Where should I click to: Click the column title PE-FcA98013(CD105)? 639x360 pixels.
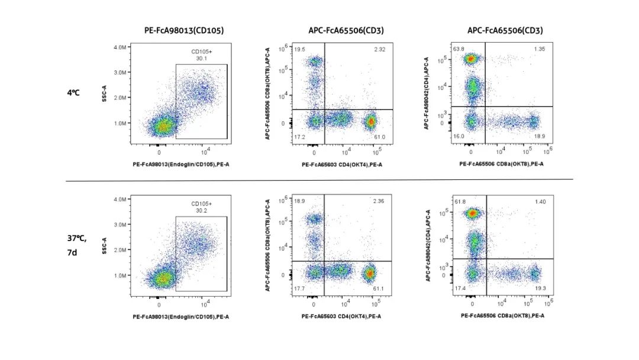184,30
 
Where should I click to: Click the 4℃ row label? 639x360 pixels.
73,93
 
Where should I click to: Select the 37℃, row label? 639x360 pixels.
77,239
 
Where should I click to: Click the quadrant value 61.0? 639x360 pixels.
379,137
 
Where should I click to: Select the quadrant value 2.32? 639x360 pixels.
379,50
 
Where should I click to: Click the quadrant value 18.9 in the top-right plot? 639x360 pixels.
540,136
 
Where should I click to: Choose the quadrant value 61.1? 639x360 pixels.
379,288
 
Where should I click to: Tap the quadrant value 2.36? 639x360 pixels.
379,202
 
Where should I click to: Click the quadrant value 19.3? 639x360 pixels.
541,288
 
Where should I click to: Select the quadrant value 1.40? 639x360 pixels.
540,202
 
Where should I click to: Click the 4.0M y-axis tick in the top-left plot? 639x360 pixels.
120,47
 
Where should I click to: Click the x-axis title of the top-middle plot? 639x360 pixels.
342,165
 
